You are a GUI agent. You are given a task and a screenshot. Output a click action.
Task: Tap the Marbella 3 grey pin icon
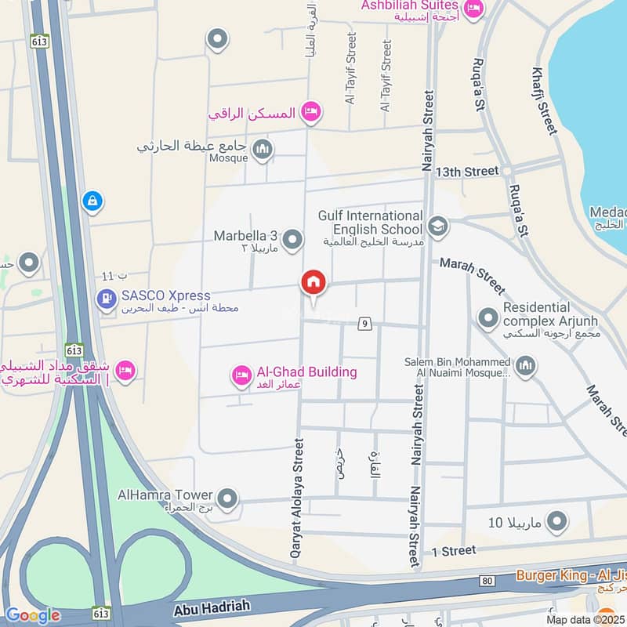293,240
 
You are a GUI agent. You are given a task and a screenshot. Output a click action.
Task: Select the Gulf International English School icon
437,227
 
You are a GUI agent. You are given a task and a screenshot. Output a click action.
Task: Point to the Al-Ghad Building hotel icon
241,376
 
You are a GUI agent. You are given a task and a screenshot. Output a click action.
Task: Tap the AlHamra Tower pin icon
227,498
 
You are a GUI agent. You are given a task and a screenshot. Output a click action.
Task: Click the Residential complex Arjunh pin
488,317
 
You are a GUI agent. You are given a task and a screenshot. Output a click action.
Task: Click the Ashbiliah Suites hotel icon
473,9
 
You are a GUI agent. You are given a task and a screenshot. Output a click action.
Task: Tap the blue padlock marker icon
92,202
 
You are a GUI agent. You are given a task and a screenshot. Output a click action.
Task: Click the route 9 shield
364,323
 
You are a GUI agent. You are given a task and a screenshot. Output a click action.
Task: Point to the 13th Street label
467,171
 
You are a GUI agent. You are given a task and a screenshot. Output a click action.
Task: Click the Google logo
32,614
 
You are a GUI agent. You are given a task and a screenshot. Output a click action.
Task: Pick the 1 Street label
453,551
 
